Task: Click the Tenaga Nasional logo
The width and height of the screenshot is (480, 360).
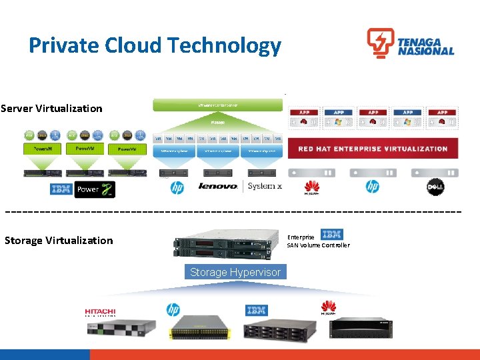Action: coord(410,43)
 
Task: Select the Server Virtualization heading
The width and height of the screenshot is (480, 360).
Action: coord(52,108)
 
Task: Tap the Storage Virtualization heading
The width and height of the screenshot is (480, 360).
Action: coord(59,240)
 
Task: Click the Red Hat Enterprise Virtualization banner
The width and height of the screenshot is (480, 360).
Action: coord(373,149)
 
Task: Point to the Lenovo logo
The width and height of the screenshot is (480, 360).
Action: coord(218,186)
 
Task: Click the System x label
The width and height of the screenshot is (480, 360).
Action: coord(265,186)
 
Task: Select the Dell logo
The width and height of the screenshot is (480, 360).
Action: coord(435,187)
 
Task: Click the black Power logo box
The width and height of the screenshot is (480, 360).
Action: coord(95,189)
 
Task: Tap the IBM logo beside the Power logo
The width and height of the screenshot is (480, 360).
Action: coord(61,189)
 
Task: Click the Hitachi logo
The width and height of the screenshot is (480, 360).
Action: coord(100,311)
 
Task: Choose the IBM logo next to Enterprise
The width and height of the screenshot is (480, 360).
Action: coord(331,234)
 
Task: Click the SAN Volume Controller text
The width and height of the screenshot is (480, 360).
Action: coord(318,245)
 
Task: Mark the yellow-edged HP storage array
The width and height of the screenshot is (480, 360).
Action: coord(199,328)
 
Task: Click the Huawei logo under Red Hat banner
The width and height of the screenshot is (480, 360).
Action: coord(311,187)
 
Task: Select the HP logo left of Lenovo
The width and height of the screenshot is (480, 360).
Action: coord(177,187)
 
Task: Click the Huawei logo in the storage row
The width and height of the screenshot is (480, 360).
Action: coord(328,307)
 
